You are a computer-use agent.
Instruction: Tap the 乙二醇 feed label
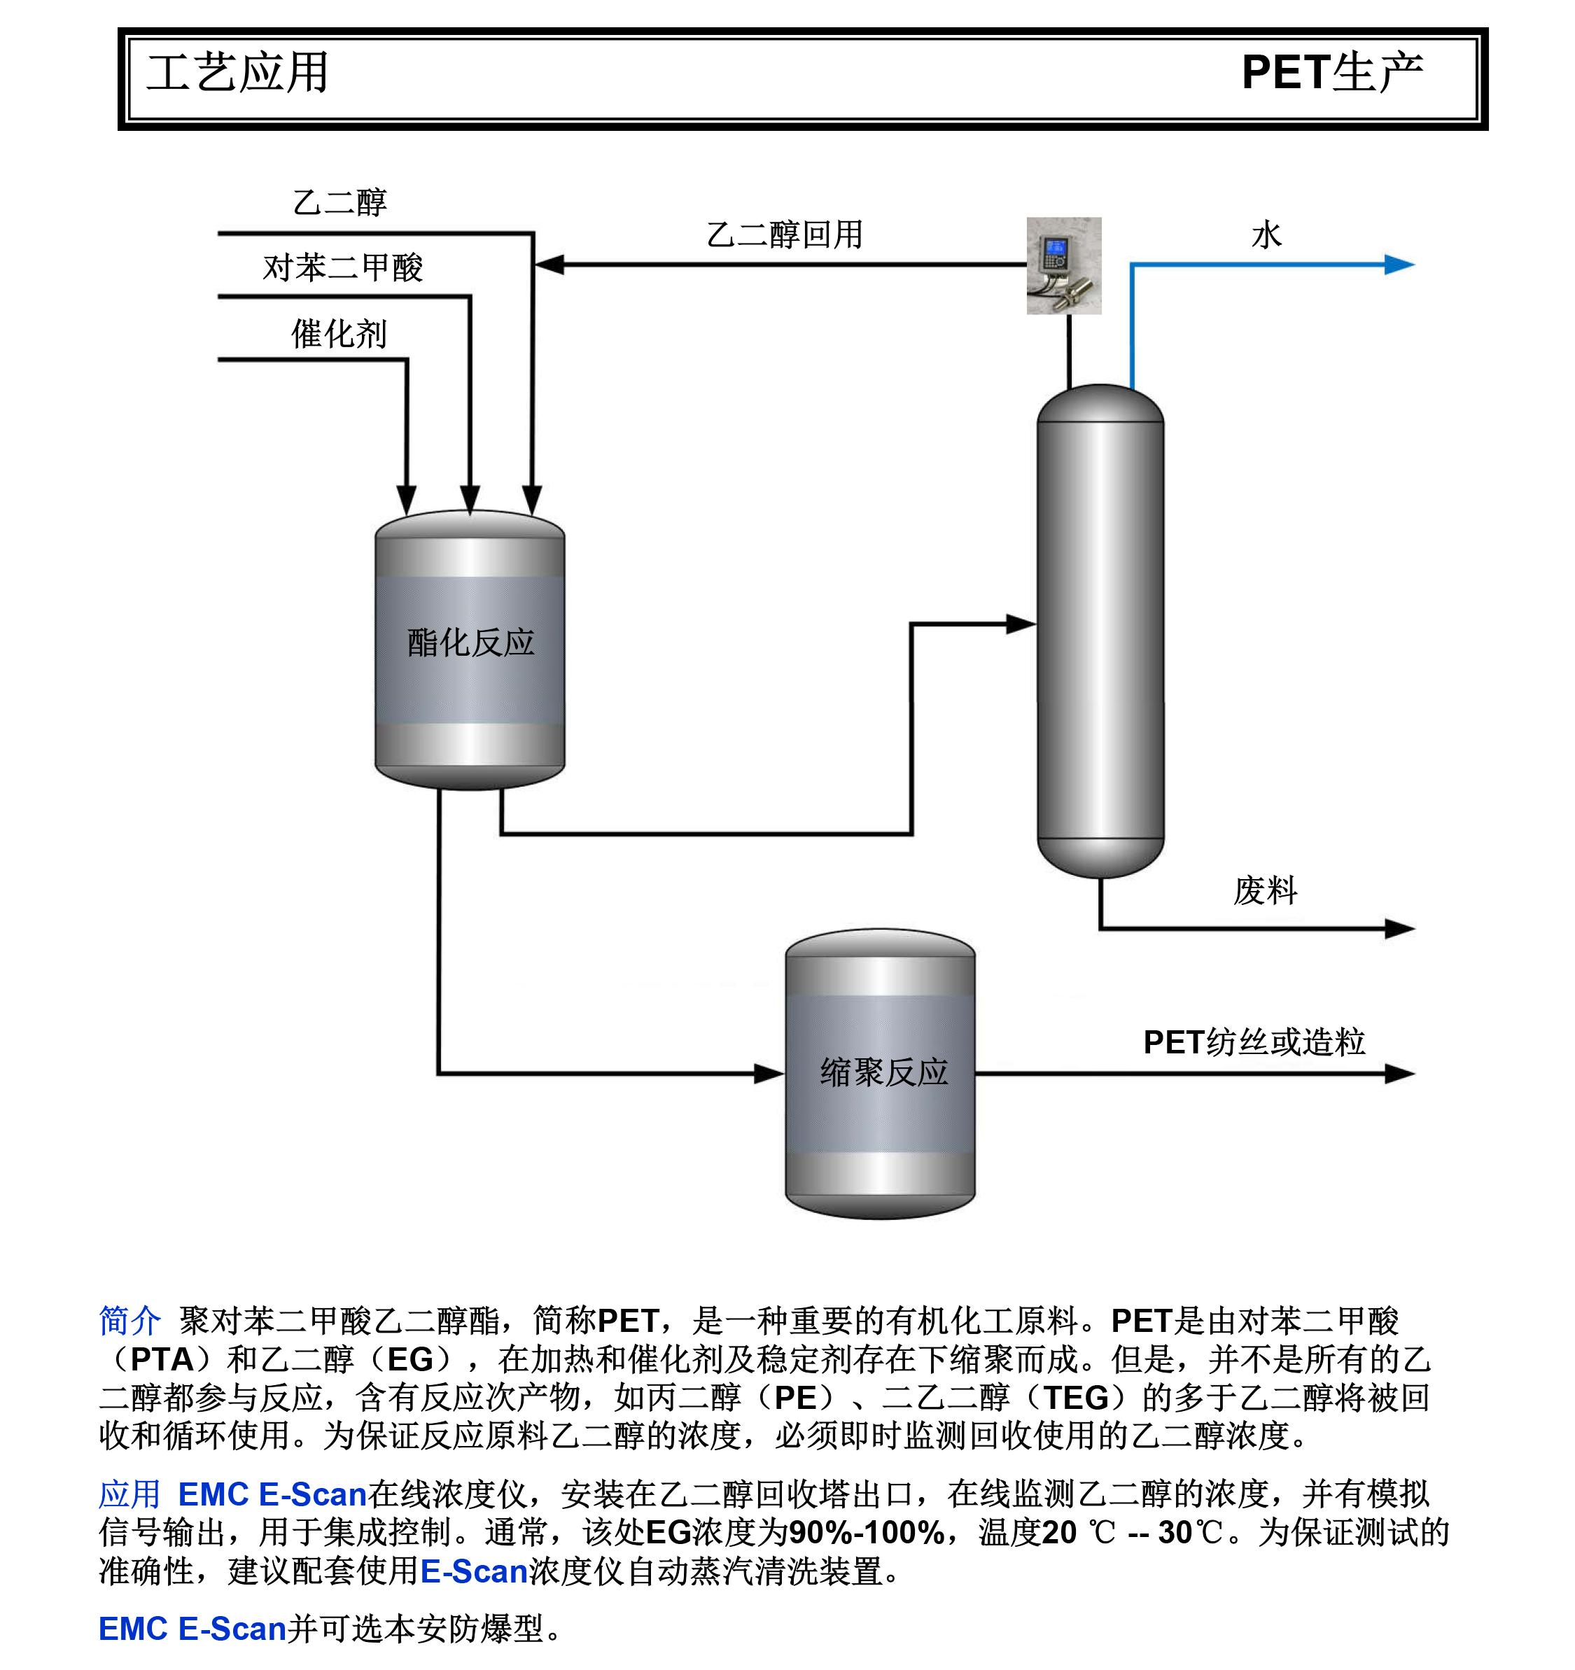[339, 202]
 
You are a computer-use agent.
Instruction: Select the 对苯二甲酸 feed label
[343, 268]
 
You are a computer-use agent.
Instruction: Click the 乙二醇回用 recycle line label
[785, 234]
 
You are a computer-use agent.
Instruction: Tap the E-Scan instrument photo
[1063, 265]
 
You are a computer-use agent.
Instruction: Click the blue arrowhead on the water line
[1399, 265]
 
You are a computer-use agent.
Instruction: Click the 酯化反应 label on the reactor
[470, 643]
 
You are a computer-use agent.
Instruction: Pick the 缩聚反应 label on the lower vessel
[883, 1073]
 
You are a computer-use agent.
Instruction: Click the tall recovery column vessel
[1100, 630]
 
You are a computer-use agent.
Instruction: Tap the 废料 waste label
[1265, 890]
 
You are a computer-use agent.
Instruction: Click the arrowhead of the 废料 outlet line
[1399, 928]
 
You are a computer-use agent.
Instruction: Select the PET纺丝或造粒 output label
[1253, 1042]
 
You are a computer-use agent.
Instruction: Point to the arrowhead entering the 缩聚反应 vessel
[769, 1074]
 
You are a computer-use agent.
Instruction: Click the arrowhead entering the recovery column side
[1021, 624]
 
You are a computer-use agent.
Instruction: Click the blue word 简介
[129, 1321]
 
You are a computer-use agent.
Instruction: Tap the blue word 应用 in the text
[129, 1494]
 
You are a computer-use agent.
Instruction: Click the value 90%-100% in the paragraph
[866, 1533]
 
